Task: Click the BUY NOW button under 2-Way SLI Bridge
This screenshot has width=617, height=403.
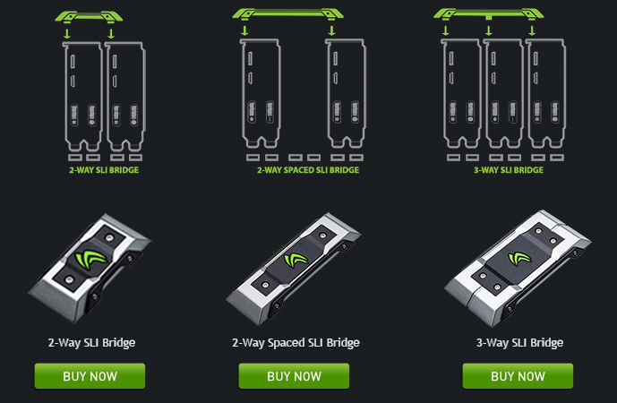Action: pos(90,376)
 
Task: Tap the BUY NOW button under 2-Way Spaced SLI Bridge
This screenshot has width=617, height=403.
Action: pos(294,376)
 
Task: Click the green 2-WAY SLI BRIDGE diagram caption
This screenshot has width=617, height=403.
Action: pos(104,170)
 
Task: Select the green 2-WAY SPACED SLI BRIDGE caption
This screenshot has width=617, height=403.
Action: pos(308,170)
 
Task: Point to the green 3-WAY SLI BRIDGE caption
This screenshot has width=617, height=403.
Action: pos(509,170)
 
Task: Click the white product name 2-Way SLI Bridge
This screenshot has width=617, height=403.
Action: pos(91,343)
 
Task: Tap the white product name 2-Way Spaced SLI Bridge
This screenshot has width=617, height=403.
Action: pos(296,343)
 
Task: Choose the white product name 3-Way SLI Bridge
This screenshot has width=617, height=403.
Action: pos(519,343)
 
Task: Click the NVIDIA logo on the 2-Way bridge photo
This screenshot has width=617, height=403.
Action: pos(90,259)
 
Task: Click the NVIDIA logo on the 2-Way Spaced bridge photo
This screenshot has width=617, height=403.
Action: pos(296,260)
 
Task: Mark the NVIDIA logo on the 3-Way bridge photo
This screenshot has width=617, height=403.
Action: pos(519,258)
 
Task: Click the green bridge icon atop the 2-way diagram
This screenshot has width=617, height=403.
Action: pos(89,17)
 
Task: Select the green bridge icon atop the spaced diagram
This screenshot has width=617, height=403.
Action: pos(288,14)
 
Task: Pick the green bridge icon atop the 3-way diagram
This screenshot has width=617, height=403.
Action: pos(489,14)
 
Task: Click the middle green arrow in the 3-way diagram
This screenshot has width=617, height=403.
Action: pos(489,30)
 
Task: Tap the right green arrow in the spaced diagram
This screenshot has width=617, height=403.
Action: pos(331,30)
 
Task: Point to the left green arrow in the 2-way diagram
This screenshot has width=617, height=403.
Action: pos(67,33)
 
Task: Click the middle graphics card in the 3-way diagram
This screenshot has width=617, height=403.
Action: pos(503,93)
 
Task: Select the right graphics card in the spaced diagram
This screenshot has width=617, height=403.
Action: pos(346,93)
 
